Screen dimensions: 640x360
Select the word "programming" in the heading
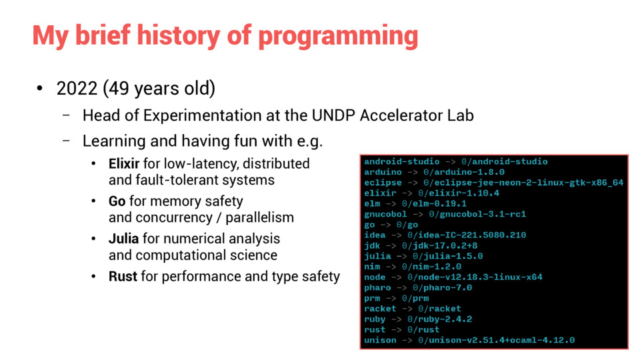click(x=339, y=37)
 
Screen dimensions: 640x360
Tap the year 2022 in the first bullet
click(x=77, y=89)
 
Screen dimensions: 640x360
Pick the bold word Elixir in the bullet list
click(x=124, y=164)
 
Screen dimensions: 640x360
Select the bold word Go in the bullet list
click(x=117, y=201)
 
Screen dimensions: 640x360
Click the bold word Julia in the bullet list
click(x=124, y=239)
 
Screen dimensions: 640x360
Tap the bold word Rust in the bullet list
click(x=123, y=276)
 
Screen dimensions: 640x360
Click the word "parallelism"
click(x=259, y=218)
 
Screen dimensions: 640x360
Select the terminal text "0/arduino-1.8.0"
click(x=464, y=172)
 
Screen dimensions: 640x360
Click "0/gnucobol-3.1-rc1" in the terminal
click(x=477, y=214)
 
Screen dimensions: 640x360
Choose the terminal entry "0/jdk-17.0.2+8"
click(x=439, y=246)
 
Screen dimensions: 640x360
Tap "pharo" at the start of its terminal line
click(x=377, y=288)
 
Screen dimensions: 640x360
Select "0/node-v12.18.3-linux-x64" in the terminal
click(x=475, y=277)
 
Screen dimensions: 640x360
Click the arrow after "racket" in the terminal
click(x=407, y=309)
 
